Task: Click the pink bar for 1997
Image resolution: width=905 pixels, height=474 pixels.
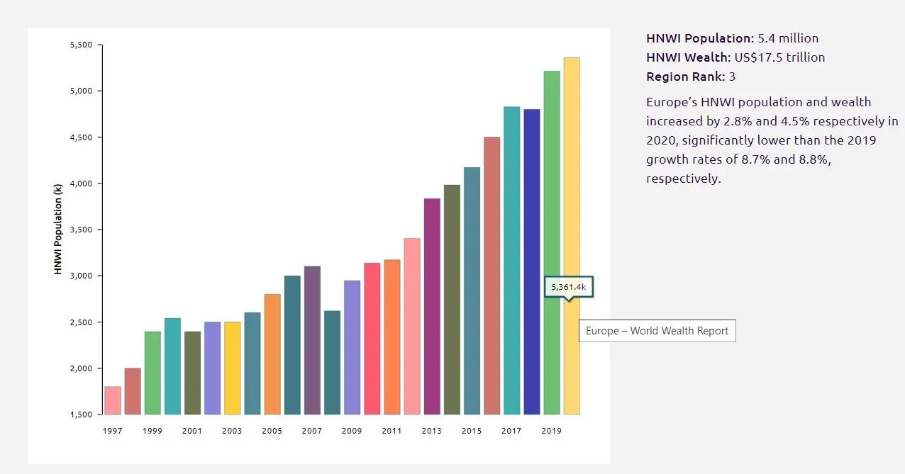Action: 113,400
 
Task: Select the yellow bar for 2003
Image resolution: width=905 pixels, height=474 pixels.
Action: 232,368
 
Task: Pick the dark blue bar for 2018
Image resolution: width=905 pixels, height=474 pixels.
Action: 532,262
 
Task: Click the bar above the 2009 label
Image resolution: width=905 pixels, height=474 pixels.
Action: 352,347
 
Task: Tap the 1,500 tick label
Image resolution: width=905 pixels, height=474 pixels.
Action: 82,414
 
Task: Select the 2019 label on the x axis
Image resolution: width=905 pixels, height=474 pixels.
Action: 551,431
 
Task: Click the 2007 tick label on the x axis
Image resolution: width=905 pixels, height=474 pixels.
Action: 312,431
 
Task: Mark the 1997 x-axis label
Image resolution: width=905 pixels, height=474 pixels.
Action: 112,431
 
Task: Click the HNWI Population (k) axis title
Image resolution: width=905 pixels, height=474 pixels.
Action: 58,229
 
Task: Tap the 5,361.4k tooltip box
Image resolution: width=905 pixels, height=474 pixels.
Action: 568,287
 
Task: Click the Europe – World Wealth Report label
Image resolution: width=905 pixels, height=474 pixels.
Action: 657,331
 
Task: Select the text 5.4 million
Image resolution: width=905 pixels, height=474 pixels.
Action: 788,38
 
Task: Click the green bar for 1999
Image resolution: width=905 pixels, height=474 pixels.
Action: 152,373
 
